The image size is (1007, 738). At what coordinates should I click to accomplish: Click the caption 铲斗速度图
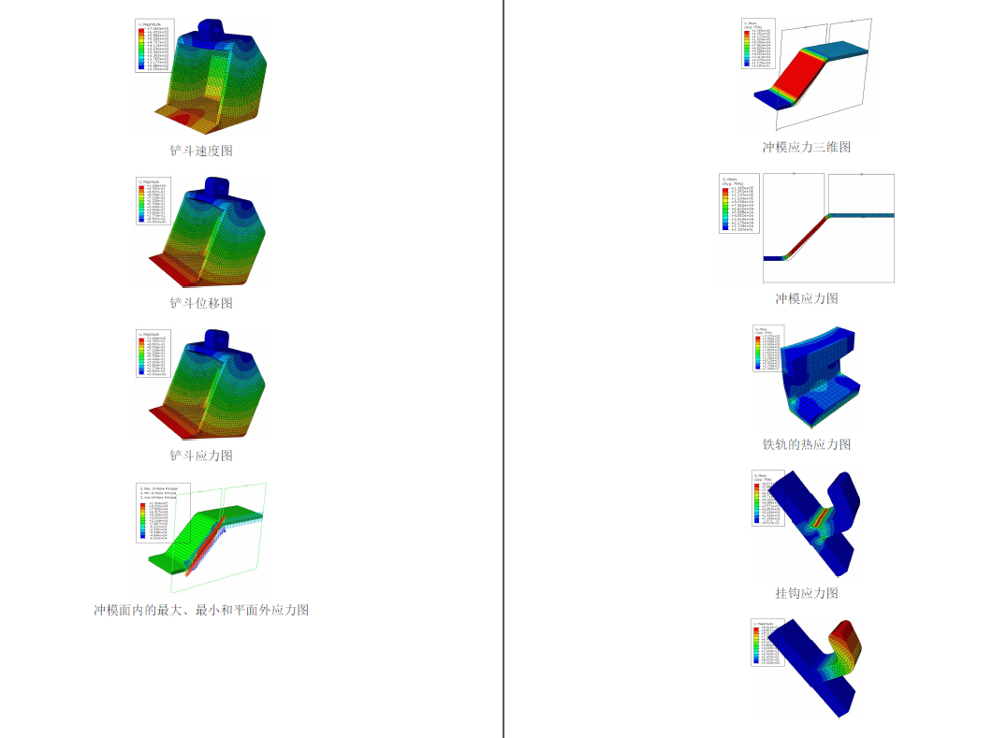[201, 151]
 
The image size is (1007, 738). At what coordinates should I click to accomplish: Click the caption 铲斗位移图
[201, 303]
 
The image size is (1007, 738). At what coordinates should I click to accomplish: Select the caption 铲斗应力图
[201, 456]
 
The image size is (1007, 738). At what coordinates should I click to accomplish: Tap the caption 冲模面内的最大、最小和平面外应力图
[201, 610]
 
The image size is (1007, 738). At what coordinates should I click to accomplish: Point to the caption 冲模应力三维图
[806, 147]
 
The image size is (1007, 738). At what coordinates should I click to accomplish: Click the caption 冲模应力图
[806, 298]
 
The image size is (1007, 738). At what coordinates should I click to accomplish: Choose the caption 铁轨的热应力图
[806, 444]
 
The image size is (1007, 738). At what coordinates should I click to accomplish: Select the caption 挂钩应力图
[806, 593]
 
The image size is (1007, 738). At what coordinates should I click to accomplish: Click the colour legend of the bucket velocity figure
[153, 46]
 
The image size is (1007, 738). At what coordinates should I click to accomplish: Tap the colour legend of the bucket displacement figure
[153, 201]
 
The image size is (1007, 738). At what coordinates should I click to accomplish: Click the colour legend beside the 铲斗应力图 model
[153, 354]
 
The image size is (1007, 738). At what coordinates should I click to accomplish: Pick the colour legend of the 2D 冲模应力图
[738, 203]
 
